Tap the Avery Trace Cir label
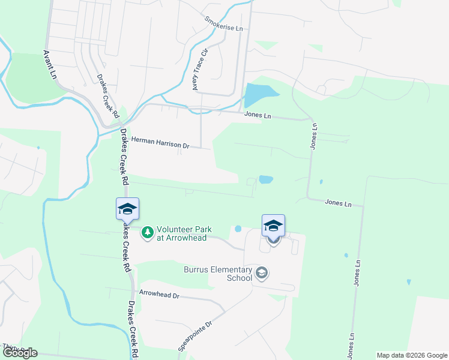tap(199, 69)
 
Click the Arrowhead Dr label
tap(159, 295)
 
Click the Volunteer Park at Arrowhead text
tap(181, 233)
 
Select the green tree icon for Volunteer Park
tap(147, 232)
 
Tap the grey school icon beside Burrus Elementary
tap(261, 274)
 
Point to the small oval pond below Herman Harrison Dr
tap(265, 179)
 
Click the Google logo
tap(20, 353)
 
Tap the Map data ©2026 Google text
tap(412, 355)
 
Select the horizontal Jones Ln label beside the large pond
tap(257, 115)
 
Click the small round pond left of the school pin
tap(238, 229)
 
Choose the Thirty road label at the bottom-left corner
tap(9, 347)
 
